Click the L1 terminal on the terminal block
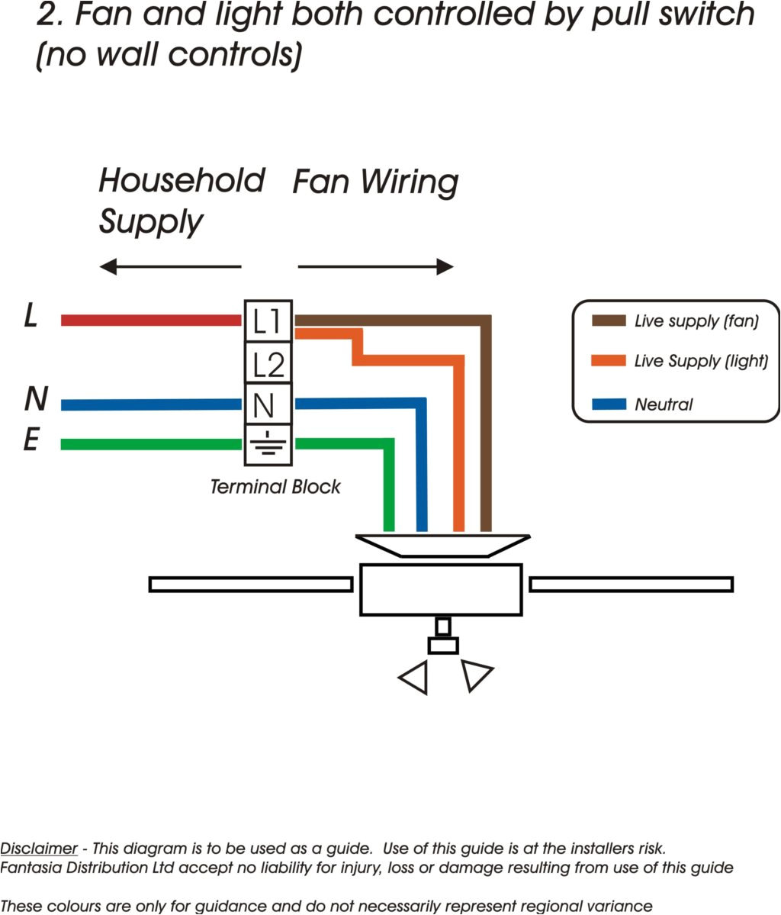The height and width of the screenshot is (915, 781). [x=268, y=321]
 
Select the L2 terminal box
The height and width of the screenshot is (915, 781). [x=268, y=363]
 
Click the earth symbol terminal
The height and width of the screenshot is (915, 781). [x=267, y=445]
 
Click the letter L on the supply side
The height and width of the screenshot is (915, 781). [x=31, y=315]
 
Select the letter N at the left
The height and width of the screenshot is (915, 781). [x=36, y=399]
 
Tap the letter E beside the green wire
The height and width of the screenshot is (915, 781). [x=31, y=440]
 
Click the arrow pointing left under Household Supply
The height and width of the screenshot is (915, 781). [x=170, y=267]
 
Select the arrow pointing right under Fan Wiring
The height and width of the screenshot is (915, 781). [x=376, y=267]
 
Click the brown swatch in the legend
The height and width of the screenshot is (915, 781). [x=609, y=321]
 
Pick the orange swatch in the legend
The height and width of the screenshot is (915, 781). [x=609, y=361]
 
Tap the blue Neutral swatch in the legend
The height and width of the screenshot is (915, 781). [x=609, y=404]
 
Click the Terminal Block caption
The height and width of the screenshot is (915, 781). [x=275, y=487]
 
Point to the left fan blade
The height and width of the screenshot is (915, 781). [x=250, y=585]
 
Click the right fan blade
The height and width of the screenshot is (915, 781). [x=632, y=585]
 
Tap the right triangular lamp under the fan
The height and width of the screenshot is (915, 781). [x=475, y=675]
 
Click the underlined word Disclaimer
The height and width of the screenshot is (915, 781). [x=39, y=849]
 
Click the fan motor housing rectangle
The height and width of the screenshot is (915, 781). [x=441, y=590]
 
